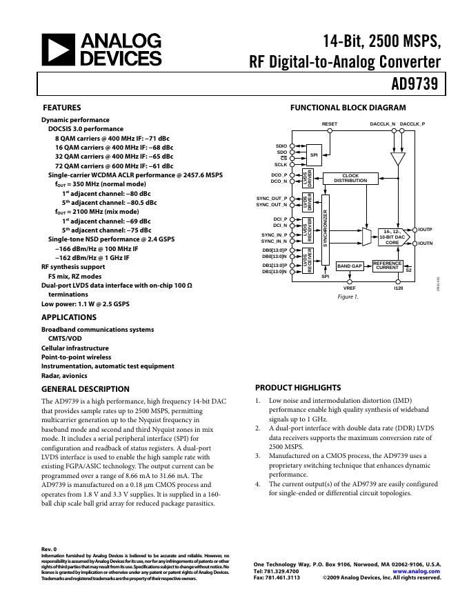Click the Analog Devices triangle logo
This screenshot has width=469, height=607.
coord(58,50)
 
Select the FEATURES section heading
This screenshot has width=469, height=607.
coord(62,108)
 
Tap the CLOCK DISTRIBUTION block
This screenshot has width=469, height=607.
coord(350,178)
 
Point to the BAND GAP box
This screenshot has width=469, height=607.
coord(349,266)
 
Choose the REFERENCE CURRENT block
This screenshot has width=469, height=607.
coord(387,266)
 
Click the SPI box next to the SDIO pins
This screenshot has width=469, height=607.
coord(314,155)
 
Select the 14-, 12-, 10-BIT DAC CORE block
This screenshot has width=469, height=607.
coord(392,237)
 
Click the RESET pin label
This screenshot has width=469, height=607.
coord(330,124)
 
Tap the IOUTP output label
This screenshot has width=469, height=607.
coord(425,229)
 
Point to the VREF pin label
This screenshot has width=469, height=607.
coord(350,288)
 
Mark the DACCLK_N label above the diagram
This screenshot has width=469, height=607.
coord(383,124)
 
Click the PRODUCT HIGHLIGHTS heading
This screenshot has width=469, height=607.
coord(298,388)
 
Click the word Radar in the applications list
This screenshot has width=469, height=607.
coord(51,377)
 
